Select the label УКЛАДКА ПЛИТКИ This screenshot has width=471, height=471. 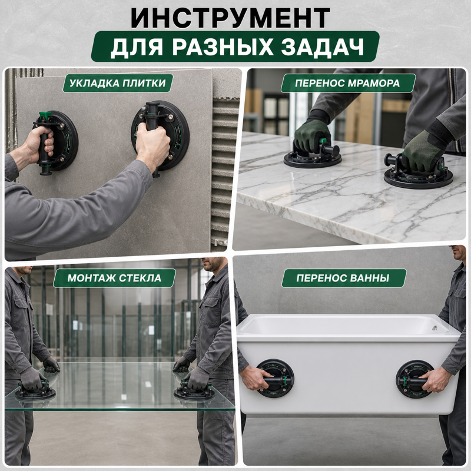click(117, 83)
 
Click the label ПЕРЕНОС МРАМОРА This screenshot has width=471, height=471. click(347, 83)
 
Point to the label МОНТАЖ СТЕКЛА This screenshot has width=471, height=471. click(114, 278)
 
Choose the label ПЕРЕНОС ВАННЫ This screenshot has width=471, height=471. click(343, 278)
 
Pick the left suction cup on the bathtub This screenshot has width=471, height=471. click(275, 378)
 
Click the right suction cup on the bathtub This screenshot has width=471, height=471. click(415, 379)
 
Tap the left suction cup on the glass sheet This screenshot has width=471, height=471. click(35, 391)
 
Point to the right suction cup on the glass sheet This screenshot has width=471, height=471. click(194, 391)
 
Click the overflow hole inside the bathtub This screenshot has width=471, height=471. click(434, 328)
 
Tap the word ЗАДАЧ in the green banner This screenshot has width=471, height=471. click(323, 47)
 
